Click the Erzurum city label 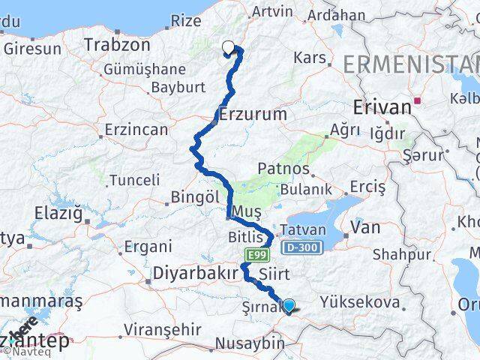tap(253, 115)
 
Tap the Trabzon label tap(117, 45)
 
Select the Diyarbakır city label tap(195, 274)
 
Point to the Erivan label tap(382, 107)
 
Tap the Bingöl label tap(194, 196)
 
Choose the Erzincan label tap(136, 130)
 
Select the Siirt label tap(274, 274)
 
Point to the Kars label tap(310, 58)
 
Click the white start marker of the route tap(228, 48)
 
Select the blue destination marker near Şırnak tap(288, 305)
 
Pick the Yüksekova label tap(358, 302)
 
